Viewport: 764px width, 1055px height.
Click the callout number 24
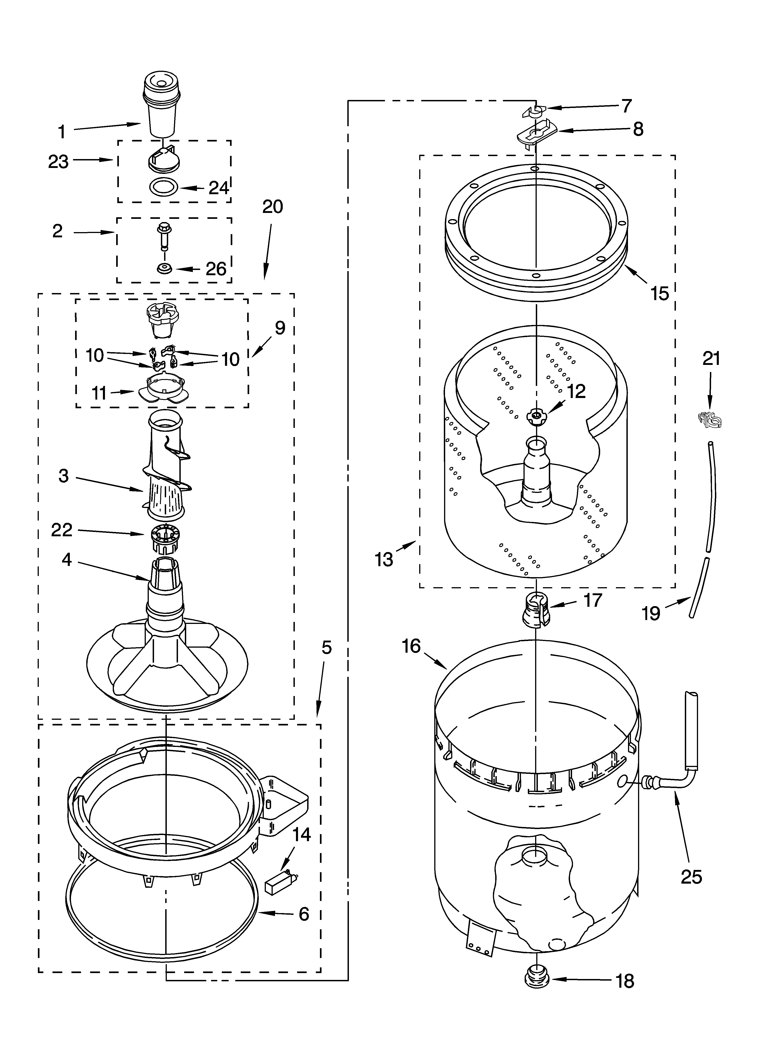coord(219,188)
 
